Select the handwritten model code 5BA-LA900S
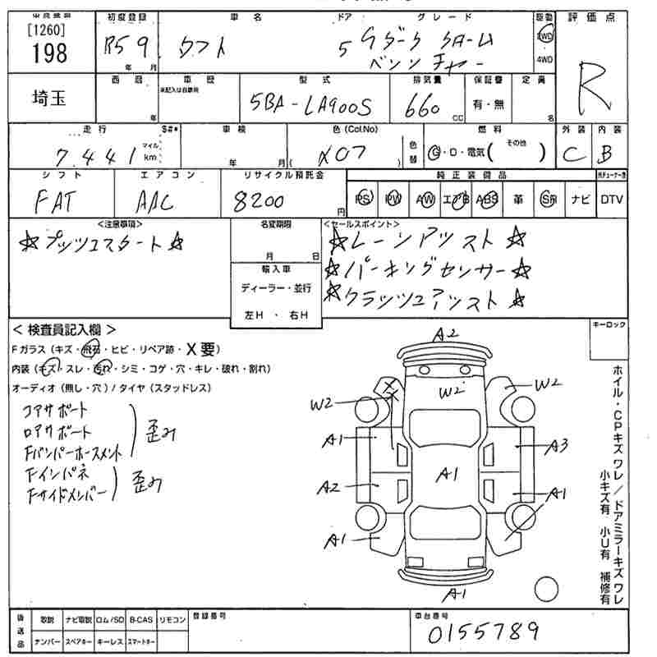(x=310, y=105)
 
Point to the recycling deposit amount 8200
(x=258, y=200)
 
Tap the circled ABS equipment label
(x=487, y=200)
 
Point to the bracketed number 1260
(x=47, y=30)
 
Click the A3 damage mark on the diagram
(x=558, y=446)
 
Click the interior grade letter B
(x=607, y=154)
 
